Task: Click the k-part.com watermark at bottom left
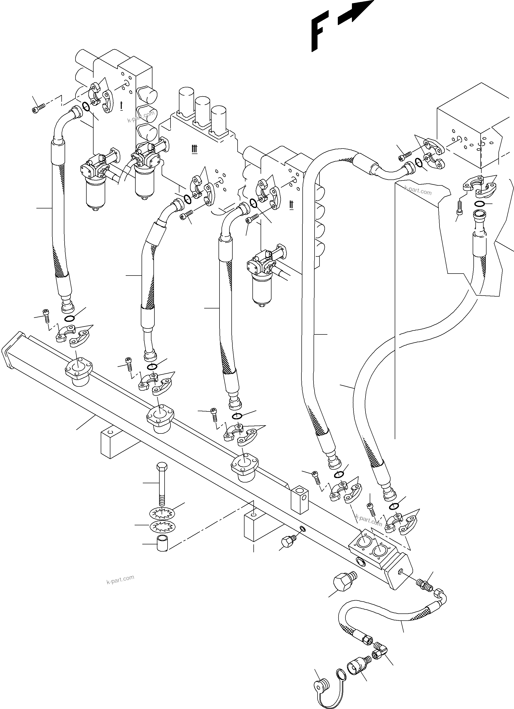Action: pos(120,580)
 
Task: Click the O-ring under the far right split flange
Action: pos(479,204)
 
